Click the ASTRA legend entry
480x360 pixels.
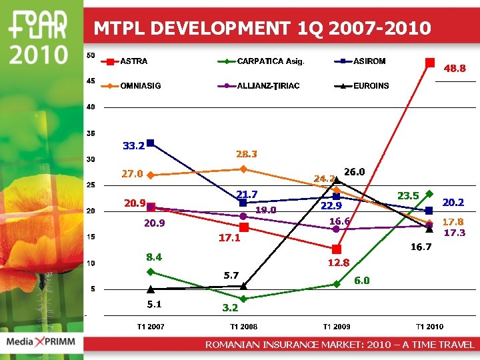[133, 61]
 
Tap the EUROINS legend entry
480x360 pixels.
[371, 86]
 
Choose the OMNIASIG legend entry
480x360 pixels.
[140, 86]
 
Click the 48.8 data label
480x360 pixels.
[455, 68]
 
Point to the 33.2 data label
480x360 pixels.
[134, 145]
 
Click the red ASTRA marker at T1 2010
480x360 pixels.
[430, 63]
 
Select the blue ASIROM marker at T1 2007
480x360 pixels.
[151, 143]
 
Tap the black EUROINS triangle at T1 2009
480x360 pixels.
[337, 179]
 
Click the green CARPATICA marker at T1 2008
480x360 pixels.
[243, 299]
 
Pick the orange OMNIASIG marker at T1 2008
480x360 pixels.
[243, 169]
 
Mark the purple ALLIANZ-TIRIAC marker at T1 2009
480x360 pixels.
[336, 229]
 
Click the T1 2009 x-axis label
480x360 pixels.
[337, 327]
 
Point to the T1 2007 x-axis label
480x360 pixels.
[151, 327]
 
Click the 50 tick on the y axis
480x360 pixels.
[90, 55]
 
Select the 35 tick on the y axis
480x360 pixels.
[90, 133]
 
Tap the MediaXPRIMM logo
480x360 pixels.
[41, 342]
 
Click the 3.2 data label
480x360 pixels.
[230, 308]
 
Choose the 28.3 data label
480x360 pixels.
[247, 154]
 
